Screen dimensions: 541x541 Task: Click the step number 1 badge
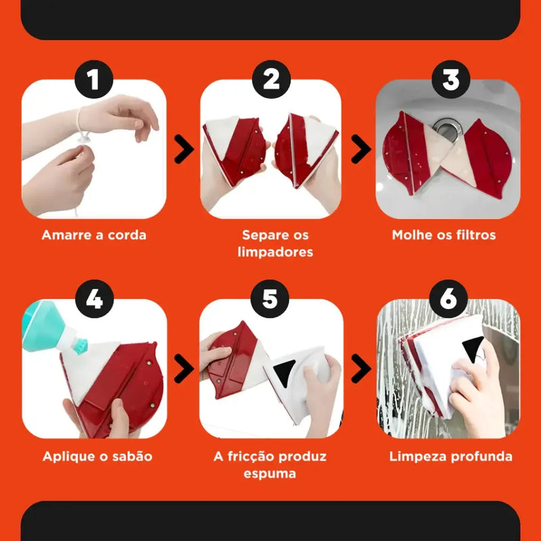point(94,79)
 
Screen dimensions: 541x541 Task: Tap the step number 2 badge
point(271,79)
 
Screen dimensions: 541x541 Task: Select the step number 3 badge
point(450,79)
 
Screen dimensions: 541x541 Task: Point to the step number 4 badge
point(95,299)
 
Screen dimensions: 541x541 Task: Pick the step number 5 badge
point(270,299)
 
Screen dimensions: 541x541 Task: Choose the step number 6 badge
point(448,299)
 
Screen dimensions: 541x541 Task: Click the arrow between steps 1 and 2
point(184,149)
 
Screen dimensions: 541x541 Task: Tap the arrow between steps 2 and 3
point(361,149)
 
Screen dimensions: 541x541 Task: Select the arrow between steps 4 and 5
point(184,369)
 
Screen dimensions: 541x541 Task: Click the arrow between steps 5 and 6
point(361,369)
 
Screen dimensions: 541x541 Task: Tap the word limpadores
point(275,252)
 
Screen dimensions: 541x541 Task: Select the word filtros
point(476,235)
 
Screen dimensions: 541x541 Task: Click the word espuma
point(270,474)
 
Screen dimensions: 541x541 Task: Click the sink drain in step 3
point(448,129)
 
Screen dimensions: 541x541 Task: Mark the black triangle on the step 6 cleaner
point(473,349)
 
